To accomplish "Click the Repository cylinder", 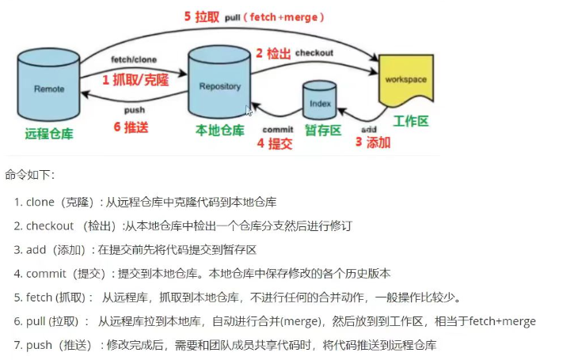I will pos(219,84).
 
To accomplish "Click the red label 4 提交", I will pos(274,144).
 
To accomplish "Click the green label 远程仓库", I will pos(49,133).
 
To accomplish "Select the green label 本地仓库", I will pos(219,130).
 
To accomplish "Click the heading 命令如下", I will pos(29,174).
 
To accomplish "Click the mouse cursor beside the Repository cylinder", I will pos(249,112).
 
